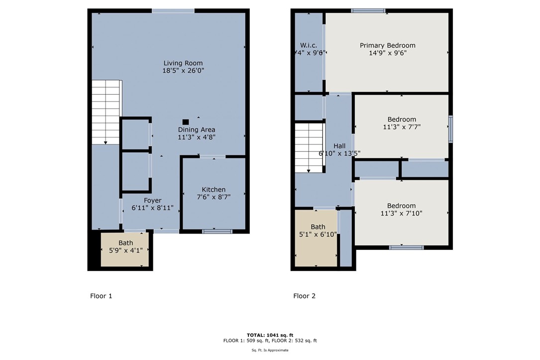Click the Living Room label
tap(183, 63)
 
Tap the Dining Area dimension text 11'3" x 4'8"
tap(197, 137)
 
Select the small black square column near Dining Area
tap(186, 121)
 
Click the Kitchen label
tap(214, 190)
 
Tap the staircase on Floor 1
tap(106, 112)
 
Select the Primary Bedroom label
tap(387, 45)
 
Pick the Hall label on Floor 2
tap(339, 146)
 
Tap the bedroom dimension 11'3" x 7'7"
tap(402, 127)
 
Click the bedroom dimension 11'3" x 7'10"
tap(402, 213)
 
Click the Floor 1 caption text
tap(101, 296)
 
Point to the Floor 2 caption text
tap(304, 296)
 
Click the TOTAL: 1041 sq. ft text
tap(270, 335)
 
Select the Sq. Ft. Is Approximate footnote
tap(270, 350)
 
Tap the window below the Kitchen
tap(217, 231)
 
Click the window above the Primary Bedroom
tap(368, 10)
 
